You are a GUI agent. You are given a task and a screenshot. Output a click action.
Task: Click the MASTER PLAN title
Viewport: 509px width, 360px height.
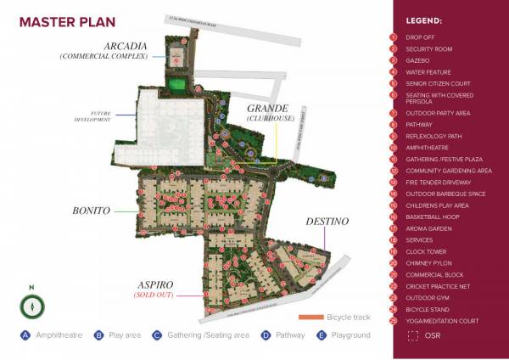pos(57,21)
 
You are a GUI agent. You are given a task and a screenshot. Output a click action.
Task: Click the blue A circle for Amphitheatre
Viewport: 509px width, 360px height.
pos(25,335)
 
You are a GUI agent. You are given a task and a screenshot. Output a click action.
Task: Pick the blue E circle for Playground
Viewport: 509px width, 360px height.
pos(321,335)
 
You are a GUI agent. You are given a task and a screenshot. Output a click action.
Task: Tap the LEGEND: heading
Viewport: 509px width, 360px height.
pos(424,20)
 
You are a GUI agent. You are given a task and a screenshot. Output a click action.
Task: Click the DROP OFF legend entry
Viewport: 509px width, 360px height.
pos(422,37)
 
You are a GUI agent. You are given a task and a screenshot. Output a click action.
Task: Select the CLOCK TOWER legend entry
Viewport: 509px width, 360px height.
pos(427,251)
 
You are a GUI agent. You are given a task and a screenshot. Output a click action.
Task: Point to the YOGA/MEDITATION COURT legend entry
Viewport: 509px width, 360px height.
pos(441,322)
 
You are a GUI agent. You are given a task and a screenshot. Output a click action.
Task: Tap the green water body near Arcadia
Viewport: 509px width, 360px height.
pos(176,84)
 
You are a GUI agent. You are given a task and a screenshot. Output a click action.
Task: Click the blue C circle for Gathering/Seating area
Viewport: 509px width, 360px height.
pos(157,335)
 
